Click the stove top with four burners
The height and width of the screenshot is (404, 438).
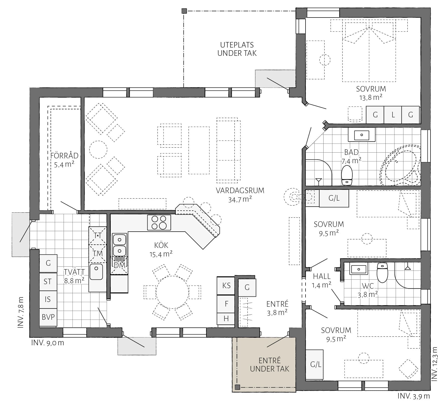point(159,222)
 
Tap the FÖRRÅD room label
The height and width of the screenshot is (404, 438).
point(64,156)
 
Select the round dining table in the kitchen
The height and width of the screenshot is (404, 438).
point(172,292)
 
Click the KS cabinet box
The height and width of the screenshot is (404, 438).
point(226,286)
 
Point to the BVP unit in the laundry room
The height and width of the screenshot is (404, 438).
point(48,317)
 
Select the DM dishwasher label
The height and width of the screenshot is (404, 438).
point(119,265)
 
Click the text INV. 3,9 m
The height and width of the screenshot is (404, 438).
point(413,396)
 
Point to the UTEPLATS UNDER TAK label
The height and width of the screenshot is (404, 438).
point(237,49)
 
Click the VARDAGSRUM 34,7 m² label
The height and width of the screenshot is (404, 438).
point(240,195)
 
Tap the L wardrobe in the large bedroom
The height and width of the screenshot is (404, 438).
point(393,115)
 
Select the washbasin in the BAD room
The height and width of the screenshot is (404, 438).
point(362,135)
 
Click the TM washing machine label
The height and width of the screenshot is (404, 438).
point(98,254)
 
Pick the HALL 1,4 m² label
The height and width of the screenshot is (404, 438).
point(322,281)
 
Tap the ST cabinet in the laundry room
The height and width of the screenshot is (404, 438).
point(48,282)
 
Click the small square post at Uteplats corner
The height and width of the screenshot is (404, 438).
point(184,11)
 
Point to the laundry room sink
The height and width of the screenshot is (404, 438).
point(96,271)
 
